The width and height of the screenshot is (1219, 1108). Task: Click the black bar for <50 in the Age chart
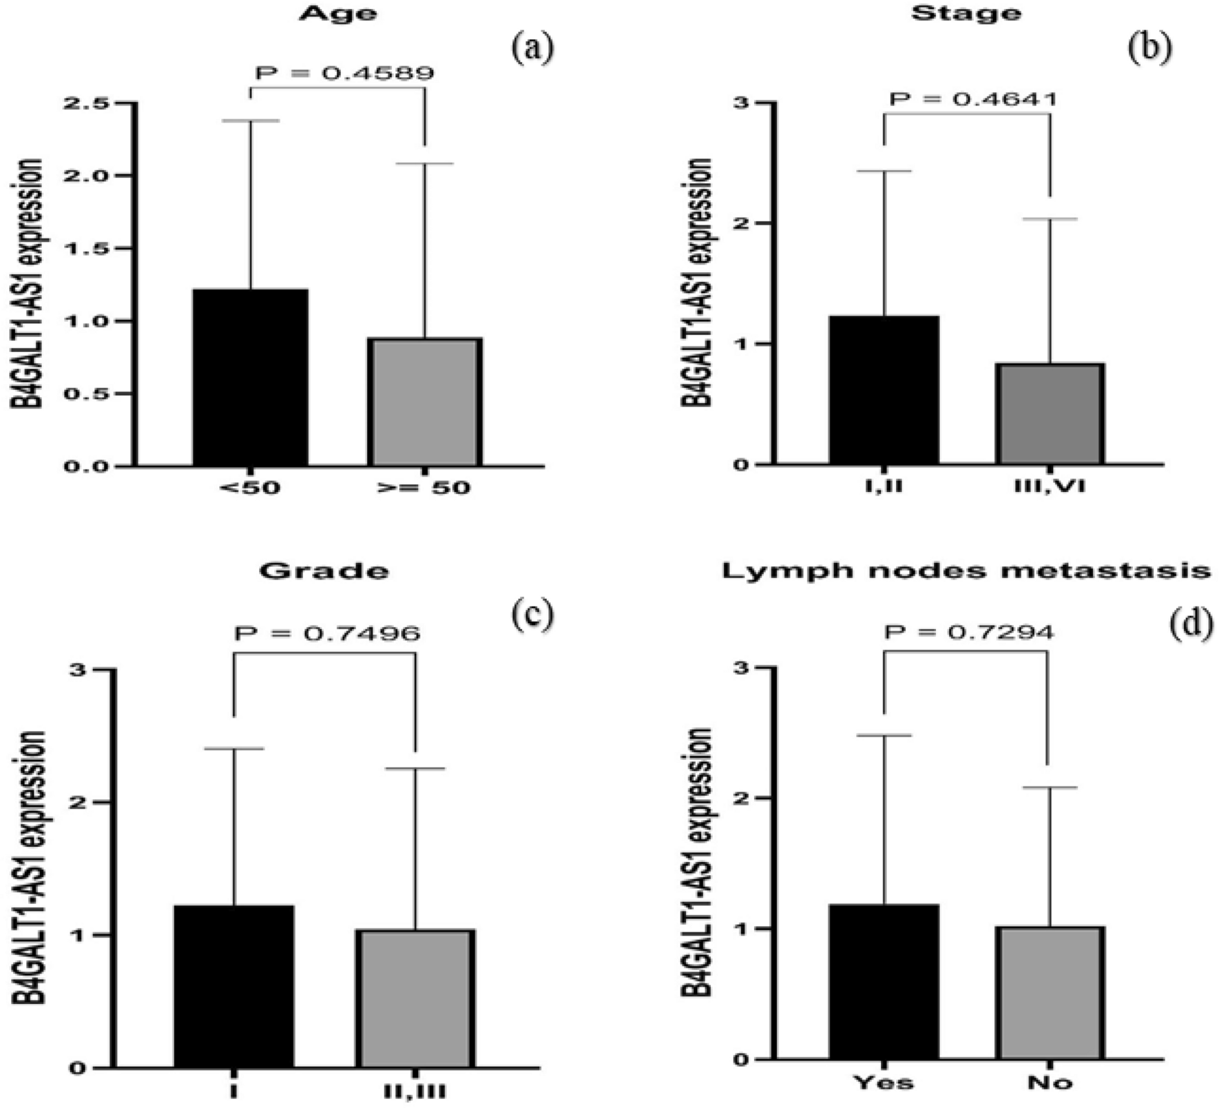[250, 377]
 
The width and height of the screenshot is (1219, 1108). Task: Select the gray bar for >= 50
[424, 402]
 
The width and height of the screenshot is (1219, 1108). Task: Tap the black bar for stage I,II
[884, 389]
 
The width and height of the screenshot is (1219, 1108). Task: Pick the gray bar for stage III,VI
[1051, 413]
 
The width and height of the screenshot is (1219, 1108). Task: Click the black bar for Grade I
[234, 986]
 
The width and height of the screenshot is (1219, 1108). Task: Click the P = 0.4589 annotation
[345, 73]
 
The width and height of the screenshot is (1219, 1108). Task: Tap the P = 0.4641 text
[972, 99]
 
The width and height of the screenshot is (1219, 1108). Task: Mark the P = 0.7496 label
[327, 633]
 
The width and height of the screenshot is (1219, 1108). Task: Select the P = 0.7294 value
[969, 632]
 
